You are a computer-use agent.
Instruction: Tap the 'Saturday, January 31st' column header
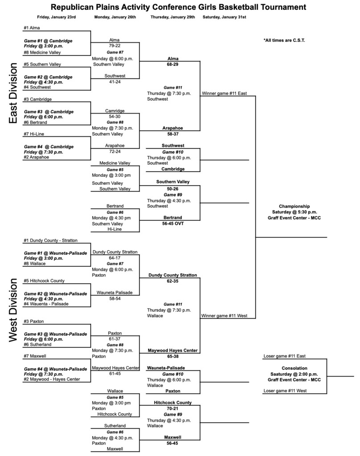(224, 17)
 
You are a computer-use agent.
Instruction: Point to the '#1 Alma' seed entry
(32, 28)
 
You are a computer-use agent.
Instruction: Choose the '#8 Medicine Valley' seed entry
(43, 52)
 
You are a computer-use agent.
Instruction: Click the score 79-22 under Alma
(115, 45)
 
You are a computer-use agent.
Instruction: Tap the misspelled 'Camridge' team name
(115, 110)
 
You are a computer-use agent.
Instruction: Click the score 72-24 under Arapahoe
(115, 151)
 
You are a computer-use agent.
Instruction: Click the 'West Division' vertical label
(13, 310)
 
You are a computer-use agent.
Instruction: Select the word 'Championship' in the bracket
(294, 206)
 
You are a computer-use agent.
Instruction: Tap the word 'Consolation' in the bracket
(294, 368)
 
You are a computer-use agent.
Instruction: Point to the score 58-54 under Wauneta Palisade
(115, 298)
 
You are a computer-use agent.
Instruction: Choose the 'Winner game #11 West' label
(224, 316)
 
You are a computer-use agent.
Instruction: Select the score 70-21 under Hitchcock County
(172, 408)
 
